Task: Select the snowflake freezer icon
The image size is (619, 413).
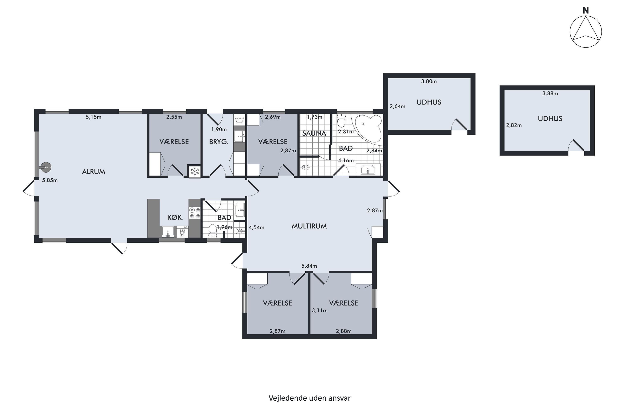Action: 195,171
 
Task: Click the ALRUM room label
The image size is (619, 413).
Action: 93,172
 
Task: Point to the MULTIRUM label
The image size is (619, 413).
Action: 309,226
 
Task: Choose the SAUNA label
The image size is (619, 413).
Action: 314,133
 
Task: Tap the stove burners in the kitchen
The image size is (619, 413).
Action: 195,213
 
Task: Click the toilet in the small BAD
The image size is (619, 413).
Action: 212,231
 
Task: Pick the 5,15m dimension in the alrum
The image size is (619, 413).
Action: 93,117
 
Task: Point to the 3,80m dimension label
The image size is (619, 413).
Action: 429,81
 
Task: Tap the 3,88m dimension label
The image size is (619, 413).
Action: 550,93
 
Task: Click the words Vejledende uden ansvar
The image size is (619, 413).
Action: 309,398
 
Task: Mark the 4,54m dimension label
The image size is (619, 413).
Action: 257,227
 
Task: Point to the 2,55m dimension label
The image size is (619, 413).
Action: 174,117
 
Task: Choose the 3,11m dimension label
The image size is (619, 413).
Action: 320,311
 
